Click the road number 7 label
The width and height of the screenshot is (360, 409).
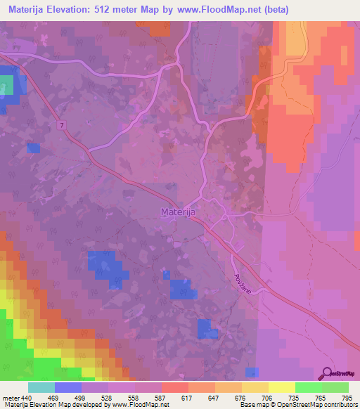(x=63, y=124)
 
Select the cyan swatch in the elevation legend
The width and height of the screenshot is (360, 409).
(x=41, y=387)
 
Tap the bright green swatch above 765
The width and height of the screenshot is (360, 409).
(x=309, y=387)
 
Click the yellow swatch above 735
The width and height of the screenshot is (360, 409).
(x=282, y=387)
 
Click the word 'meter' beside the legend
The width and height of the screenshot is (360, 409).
(x=11, y=398)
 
